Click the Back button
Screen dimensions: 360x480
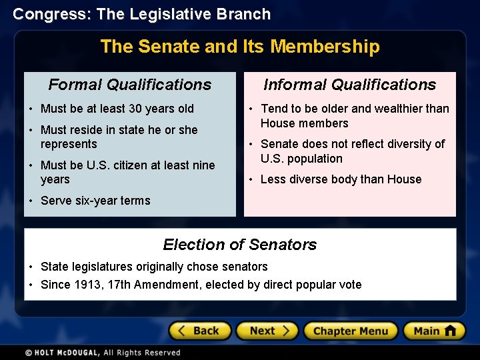(x=200, y=331)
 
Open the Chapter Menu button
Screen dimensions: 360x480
(x=351, y=331)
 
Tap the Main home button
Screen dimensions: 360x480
(x=434, y=331)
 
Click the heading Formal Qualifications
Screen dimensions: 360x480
(x=130, y=85)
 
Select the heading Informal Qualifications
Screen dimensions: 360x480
(x=349, y=85)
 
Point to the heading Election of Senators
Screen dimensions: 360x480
(x=240, y=245)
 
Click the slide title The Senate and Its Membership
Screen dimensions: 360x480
(x=240, y=47)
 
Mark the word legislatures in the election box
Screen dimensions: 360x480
(x=101, y=267)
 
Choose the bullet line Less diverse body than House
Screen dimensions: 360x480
(x=341, y=179)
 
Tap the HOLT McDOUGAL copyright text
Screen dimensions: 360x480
(x=103, y=353)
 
